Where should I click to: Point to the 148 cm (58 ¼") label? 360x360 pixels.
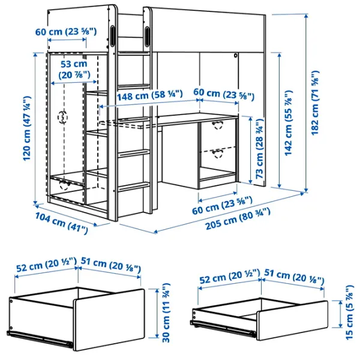click(x=138, y=94)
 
